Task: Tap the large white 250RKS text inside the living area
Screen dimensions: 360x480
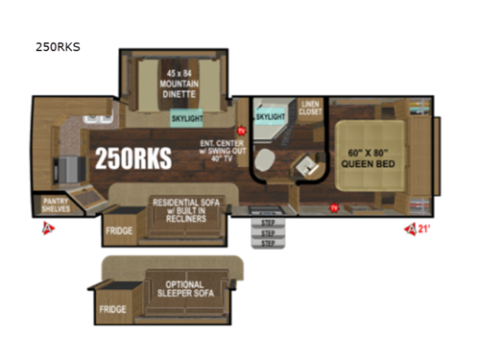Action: coord(132,159)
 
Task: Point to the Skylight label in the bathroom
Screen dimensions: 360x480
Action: coord(272,115)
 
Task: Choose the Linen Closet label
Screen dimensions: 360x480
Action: coord(309,107)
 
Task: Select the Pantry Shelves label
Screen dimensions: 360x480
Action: coord(54,204)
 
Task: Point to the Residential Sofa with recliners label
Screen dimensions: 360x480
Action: coord(180,207)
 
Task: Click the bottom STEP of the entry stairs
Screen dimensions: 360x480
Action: coord(268,243)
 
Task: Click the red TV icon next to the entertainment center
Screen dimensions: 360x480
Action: coord(240,132)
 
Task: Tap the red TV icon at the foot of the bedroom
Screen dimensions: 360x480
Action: coord(330,206)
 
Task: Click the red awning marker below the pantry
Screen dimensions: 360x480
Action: coord(44,228)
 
